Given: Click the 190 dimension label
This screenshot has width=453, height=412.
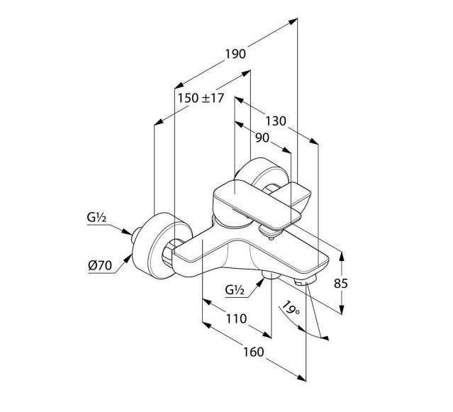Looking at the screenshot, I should [235, 54].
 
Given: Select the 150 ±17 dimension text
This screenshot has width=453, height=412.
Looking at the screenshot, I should [201, 99].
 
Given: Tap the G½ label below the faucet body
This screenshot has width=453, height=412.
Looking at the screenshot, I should [235, 289].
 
